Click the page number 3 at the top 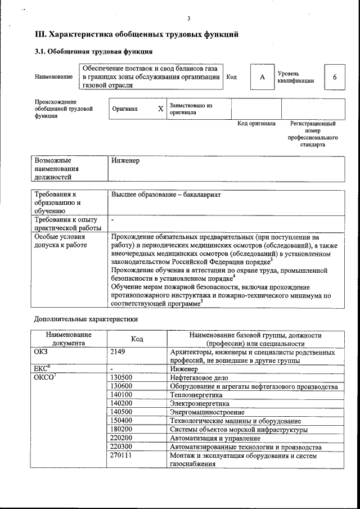[x=189, y=20]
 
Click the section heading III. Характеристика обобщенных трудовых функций [x=137, y=35]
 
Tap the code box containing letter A [x=262, y=77]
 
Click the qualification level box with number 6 [x=335, y=77]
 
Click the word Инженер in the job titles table [x=125, y=161]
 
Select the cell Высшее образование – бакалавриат [x=166, y=195]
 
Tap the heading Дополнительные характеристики [x=85, y=319]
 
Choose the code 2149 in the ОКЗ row [x=120, y=352]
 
